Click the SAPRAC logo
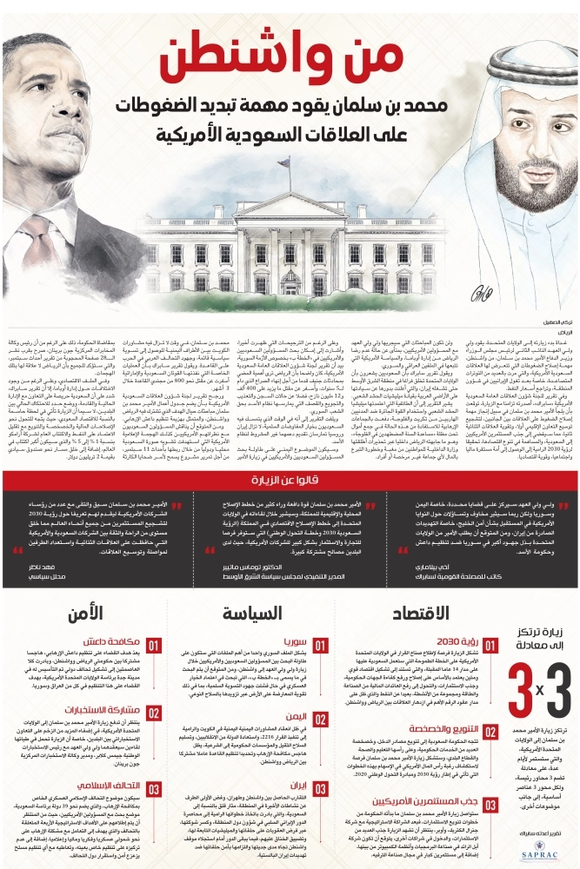[543, 851]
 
